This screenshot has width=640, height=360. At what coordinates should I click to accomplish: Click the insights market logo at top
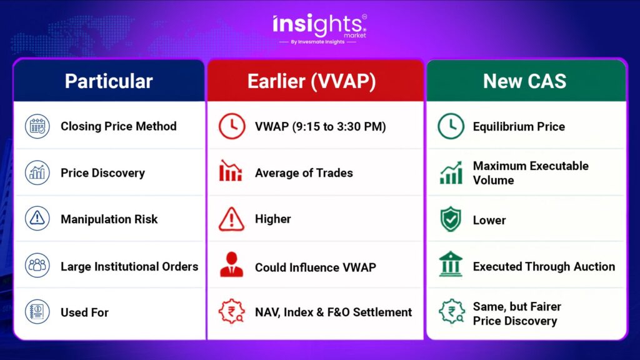click(x=319, y=29)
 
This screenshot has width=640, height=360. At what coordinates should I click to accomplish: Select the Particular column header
click(x=109, y=81)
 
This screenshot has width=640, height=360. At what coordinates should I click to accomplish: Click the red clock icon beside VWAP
click(x=232, y=126)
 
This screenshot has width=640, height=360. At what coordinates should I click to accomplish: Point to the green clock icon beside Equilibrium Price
click(x=451, y=126)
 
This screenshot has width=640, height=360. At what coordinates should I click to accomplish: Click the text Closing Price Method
click(x=119, y=126)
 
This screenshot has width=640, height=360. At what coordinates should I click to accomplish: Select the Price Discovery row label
click(x=103, y=173)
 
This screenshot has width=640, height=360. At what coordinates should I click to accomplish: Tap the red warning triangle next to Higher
click(x=231, y=219)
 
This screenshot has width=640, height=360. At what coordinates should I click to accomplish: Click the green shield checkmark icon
click(x=451, y=219)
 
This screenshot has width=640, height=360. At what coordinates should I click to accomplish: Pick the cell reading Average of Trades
click(x=304, y=173)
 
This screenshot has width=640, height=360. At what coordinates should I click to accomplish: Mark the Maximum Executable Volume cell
click(x=531, y=173)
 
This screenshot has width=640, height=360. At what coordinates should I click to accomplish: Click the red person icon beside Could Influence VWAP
click(x=231, y=265)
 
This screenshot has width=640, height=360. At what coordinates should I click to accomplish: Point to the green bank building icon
click(x=451, y=264)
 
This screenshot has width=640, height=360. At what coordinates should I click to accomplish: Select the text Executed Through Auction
click(x=544, y=266)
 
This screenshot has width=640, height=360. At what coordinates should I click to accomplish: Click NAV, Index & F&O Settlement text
click(x=334, y=312)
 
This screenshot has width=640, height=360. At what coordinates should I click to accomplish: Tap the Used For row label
click(x=84, y=312)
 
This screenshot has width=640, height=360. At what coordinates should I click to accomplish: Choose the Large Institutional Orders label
click(x=129, y=266)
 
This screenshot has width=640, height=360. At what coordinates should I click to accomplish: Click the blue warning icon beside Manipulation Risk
click(x=37, y=218)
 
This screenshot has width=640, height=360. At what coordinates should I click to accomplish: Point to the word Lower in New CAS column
click(x=489, y=221)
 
